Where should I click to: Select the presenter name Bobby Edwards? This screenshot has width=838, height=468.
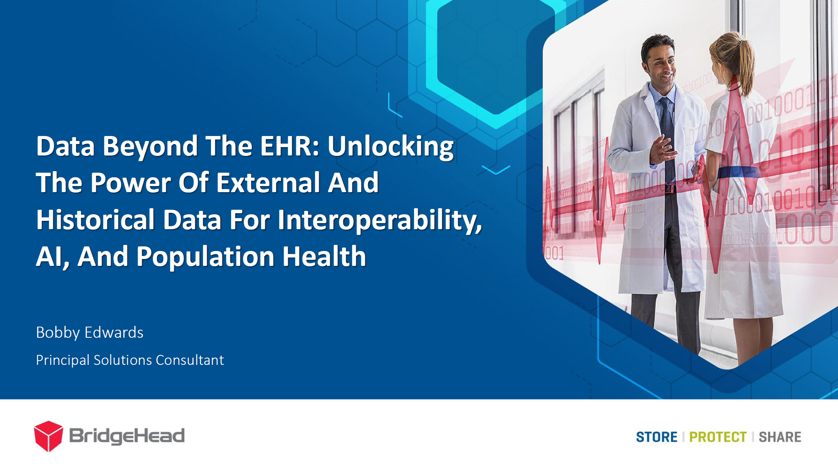(x=89, y=333)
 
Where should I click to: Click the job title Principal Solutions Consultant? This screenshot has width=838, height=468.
(x=130, y=360)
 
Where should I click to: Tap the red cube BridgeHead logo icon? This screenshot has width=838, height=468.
(x=49, y=436)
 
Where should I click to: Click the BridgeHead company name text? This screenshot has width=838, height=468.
(x=127, y=436)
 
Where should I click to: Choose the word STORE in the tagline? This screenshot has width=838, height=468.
(x=656, y=437)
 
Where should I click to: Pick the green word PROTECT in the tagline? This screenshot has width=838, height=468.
(x=718, y=437)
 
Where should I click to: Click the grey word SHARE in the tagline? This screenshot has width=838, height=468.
(x=780, y=437)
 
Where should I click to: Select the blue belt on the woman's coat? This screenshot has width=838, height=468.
(x=738, y=173)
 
